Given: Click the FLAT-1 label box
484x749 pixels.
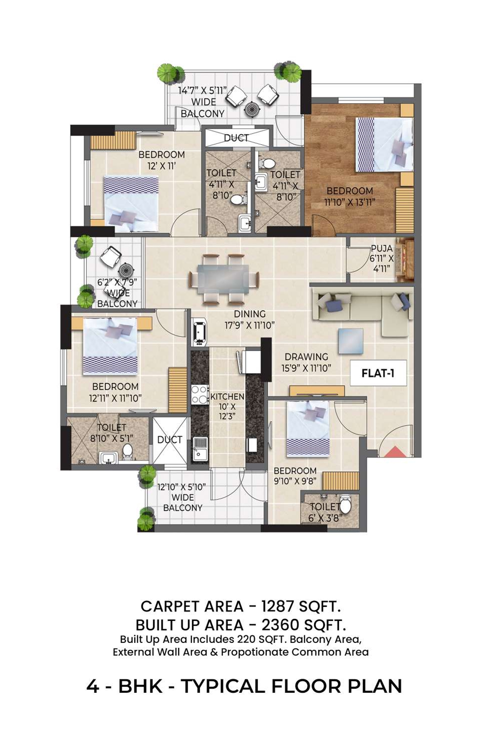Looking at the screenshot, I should pyautogui.click(x=378, y=373).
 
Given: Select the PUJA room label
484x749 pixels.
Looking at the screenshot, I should pyautogui.click(x=381, y=248).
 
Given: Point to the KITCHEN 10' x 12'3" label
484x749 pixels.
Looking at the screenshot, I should pyautogui.click(x=227, y=406).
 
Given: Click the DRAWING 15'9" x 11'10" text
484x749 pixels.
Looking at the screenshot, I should pyautogui.click(x=306, y=362).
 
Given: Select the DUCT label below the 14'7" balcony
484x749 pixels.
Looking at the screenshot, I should pyautogui.click(x=236, y=138).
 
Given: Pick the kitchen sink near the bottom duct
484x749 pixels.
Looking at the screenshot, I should pyautogui.click(x=200, y=449).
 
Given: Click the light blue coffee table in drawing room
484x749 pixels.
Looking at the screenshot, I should pyautogui.click(x=351, y=341).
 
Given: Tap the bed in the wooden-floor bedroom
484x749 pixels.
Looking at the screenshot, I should pyautogui.click(x=384, y=145).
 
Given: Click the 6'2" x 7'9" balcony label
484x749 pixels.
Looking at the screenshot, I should pyautogui.click(x=117, y=292).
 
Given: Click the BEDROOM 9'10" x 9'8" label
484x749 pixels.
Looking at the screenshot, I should pyautogui.click(x=295, y=476).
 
